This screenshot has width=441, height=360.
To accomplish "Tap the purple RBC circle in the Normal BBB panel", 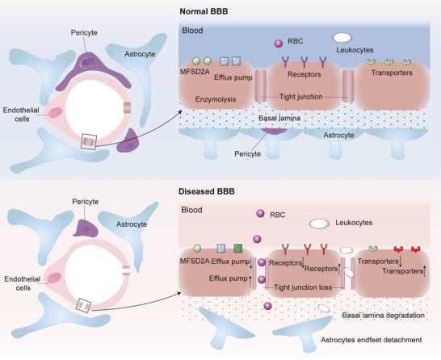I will [279, 42].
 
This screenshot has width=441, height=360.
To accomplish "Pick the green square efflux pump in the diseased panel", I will [237, 248].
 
